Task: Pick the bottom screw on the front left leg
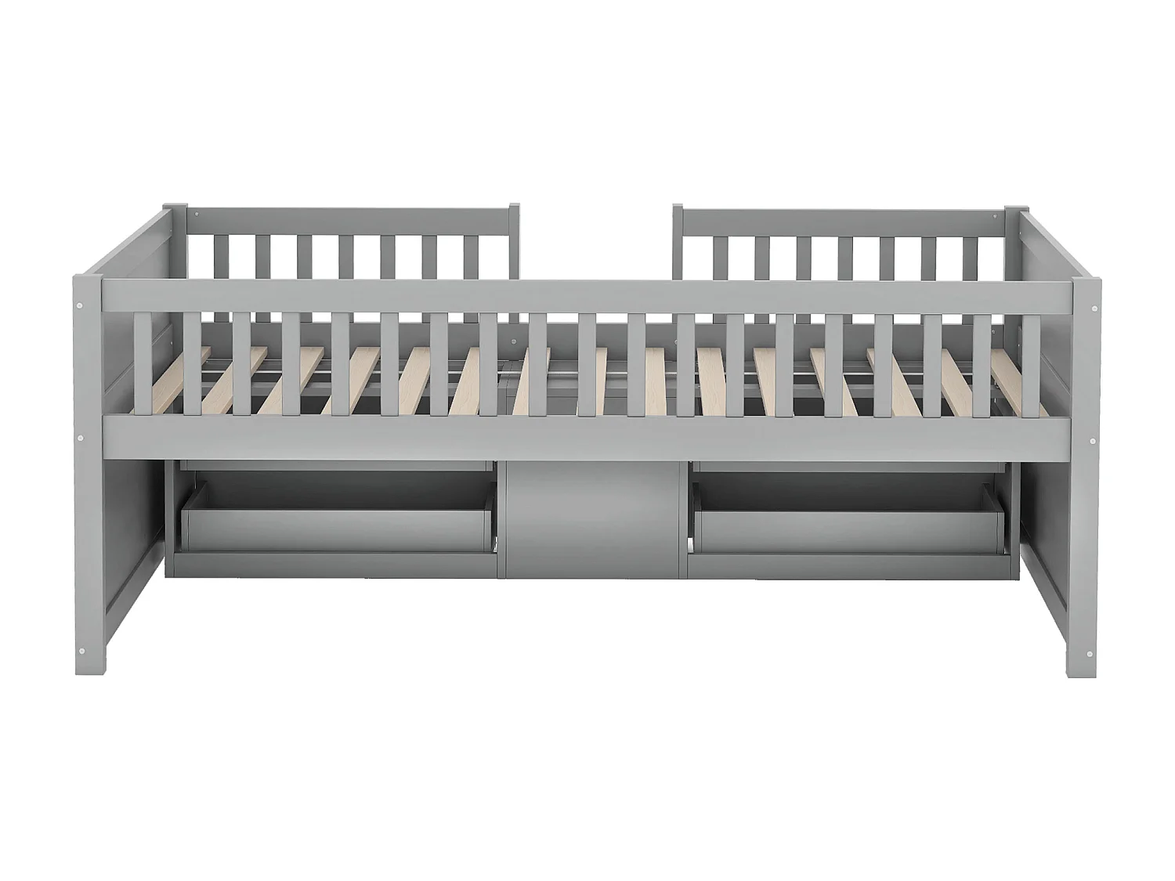81,649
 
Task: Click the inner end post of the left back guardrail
514,239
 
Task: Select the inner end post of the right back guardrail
678,239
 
